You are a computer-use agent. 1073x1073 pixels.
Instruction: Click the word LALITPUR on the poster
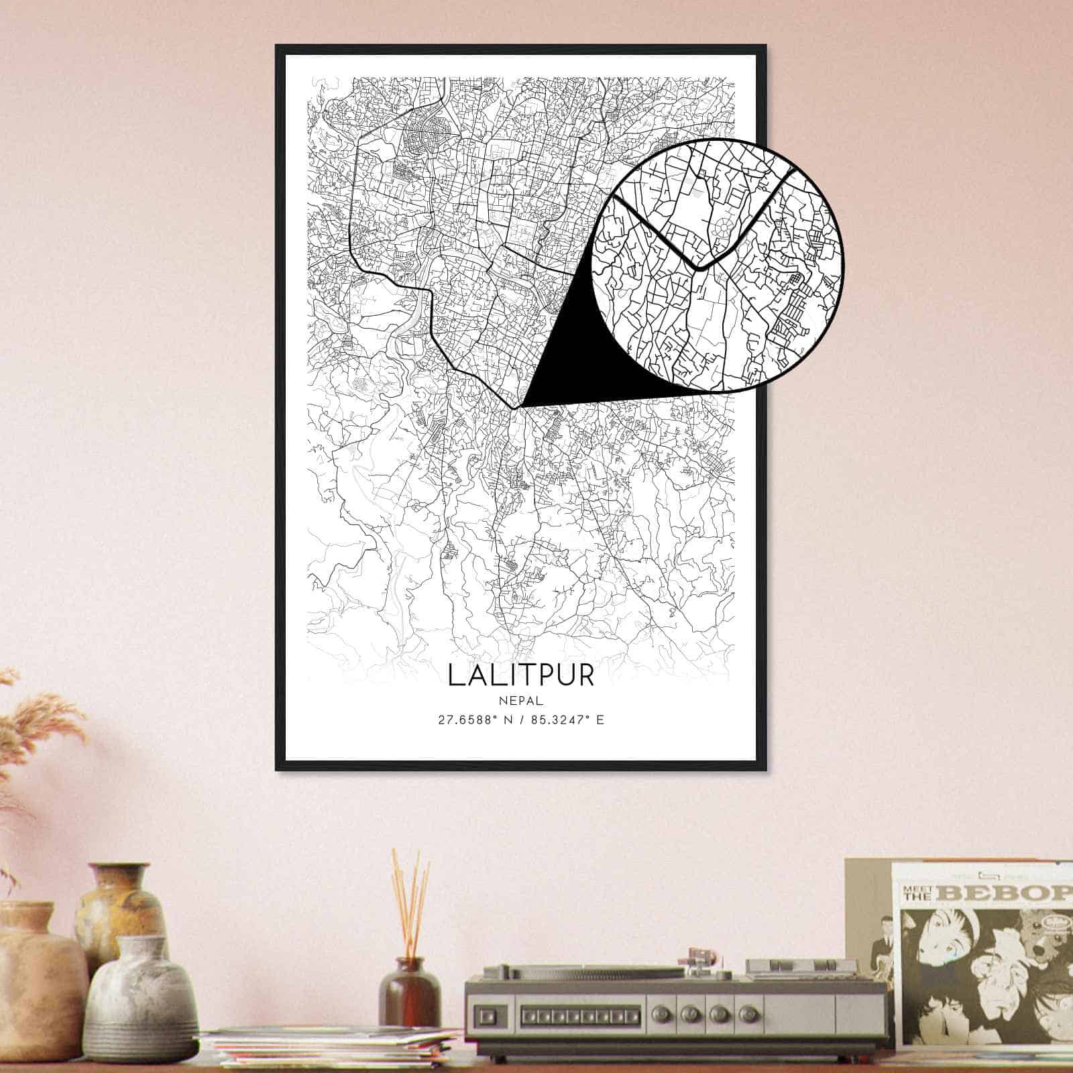tap(520, 675)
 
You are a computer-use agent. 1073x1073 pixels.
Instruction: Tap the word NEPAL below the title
tap(520, 700)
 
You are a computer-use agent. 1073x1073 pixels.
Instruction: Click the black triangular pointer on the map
tap(570, 362)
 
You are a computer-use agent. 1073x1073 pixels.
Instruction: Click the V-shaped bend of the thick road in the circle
tap(698, 268)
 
